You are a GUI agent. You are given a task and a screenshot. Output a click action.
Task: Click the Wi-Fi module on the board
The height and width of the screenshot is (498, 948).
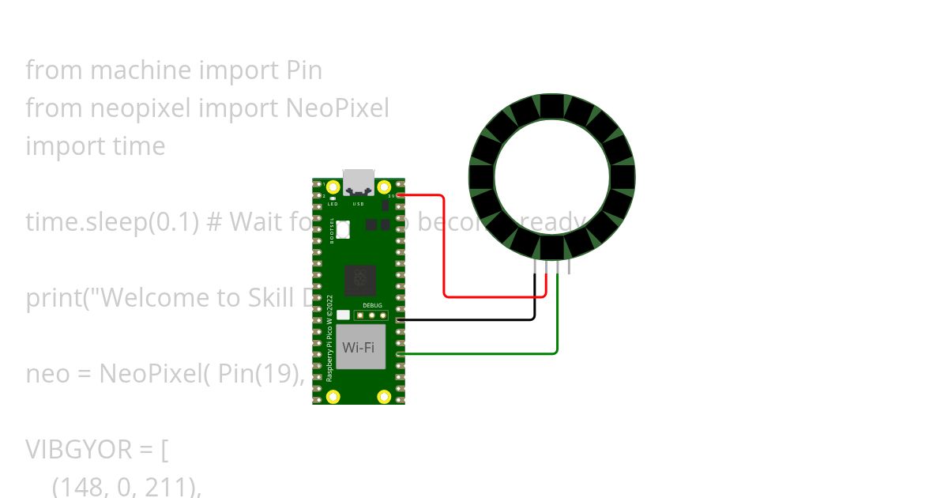tap(360, 347)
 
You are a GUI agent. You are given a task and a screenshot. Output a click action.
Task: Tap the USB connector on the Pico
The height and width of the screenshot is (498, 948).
tap(359, 182)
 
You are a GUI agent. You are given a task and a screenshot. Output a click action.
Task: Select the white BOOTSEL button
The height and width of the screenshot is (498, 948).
tap(344, 230)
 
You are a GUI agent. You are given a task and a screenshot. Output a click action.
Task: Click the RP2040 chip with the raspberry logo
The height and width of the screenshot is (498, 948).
tap(360, 279)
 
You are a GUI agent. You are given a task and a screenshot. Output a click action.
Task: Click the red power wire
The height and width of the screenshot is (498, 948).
tap(445, 253)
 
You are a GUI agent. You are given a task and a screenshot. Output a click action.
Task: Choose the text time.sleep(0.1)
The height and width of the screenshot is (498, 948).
tap(111, 222)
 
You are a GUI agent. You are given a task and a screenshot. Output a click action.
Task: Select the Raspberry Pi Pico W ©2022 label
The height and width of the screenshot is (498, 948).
tap(330, 338)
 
